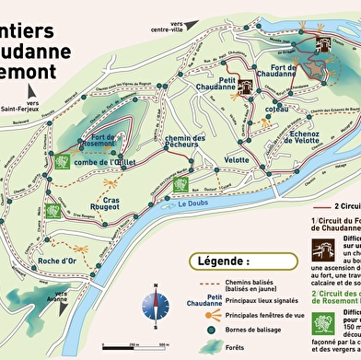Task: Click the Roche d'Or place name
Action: tap(57, 261)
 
